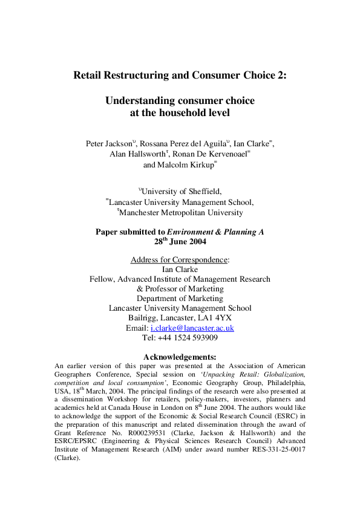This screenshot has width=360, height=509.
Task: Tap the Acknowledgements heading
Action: pyautogui.click(x=179, y=357)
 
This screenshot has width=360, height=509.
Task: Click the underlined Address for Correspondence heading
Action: pyautogui.click(x=180, y=260)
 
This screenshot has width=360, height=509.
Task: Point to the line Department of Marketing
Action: pyautogui.click(x=180, y=299)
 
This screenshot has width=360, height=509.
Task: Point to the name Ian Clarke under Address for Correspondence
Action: pyautogui.click(x=180, y=270)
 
